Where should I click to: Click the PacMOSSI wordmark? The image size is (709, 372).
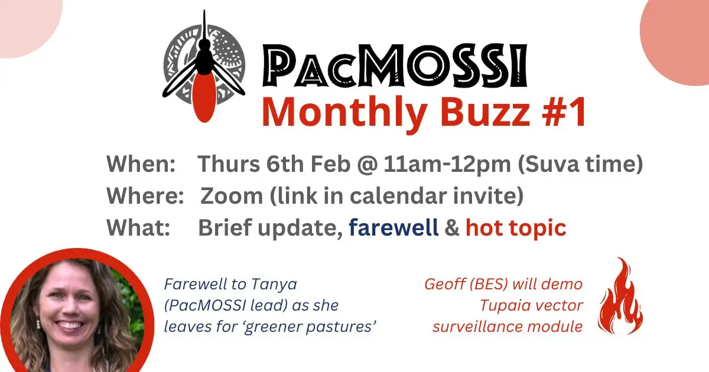click(395, 66)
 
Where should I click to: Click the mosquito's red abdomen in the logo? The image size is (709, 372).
click(204, 96)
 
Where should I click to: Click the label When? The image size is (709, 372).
click(141, 164)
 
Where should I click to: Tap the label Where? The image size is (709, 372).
click(145, 196)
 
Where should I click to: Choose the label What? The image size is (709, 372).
click(138, 227)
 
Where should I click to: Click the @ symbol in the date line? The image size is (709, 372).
click(367, 165)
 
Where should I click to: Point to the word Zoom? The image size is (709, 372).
click(232, 196)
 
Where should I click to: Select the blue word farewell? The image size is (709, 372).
click(393, 227)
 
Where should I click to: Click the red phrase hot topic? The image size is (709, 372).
click(516, 229)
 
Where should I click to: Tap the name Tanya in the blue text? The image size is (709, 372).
click(269, 285)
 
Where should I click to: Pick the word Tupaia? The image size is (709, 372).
click(502, 306)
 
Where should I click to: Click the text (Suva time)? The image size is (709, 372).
click(580, 164)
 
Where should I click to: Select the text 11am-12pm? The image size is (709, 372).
click(447, 165)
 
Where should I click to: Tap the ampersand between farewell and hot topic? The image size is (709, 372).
click(452, 228)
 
